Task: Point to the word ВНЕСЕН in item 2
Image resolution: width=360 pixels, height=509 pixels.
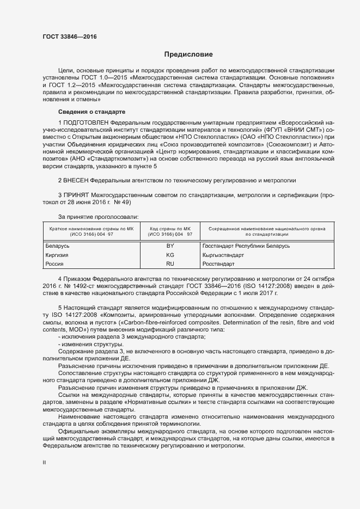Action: point(76,180)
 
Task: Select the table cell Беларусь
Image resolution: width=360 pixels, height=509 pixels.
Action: point(60,246)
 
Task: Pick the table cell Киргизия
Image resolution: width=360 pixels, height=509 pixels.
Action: point(59,255)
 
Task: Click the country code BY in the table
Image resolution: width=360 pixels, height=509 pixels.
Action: point(170,246)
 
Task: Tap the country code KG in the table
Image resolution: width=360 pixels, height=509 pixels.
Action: point(170,255)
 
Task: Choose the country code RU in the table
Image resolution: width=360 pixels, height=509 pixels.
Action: point(170,263)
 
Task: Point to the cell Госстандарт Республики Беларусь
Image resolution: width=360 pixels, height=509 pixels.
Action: point(246,246)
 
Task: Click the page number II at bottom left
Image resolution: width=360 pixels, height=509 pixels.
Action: point(45,463)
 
